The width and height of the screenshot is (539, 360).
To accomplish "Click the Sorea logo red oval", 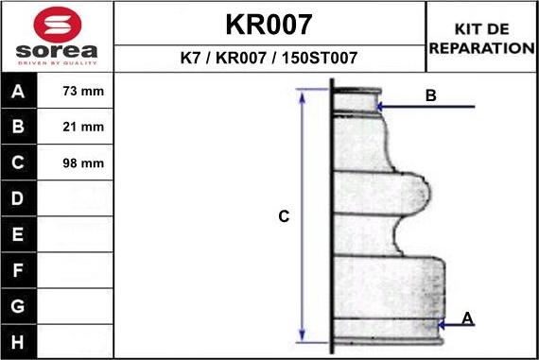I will click(57, 24).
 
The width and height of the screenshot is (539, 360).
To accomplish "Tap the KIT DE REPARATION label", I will click(481, 39).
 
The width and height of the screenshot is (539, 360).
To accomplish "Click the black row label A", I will click(18, 92).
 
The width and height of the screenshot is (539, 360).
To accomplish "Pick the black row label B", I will click(18, 127).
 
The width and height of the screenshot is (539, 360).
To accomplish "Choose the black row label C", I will click(18, 163).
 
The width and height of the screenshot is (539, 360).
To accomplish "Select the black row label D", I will click(18, 198).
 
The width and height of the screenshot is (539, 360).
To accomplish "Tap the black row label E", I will click(18, 233).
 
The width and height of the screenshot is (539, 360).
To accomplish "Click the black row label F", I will click(18, 269).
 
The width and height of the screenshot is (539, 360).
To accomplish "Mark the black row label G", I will click(18, 305).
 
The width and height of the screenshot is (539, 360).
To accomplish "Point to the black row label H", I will click(18, 340).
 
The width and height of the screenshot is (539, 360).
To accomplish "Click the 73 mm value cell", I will click(82, 92).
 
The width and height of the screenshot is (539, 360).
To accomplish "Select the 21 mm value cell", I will click(82, 127).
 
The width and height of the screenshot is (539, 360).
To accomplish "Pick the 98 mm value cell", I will click(82, 163).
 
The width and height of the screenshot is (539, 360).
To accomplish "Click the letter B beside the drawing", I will click(430, 95).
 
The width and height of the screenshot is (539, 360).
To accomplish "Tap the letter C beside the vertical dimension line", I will click(283, 216).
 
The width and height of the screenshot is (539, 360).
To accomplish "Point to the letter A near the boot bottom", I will click(466, 318).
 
